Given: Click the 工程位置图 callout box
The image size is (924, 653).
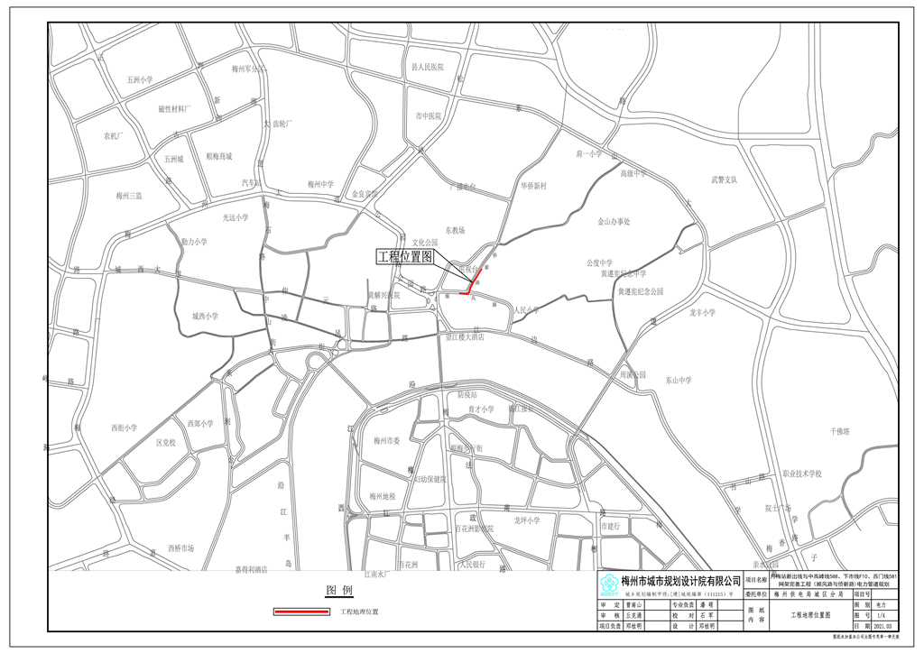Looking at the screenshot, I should pyautogui.click(x=405, y=257).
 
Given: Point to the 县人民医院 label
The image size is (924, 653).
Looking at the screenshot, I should pyautogui.click(x=428, y=67).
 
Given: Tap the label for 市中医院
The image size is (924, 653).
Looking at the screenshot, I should pyautogui.click(x=428, y=116).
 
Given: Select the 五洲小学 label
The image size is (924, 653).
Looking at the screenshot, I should pyautogui.click(x=140, y=80).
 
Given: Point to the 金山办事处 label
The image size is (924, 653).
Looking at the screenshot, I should pyautogui.click(x=614, y=221).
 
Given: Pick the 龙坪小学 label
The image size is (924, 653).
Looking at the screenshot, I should pyautogui.click(x=526, y=520).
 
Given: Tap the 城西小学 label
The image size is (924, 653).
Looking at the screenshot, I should pyautogui.click(x=205, y=317).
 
